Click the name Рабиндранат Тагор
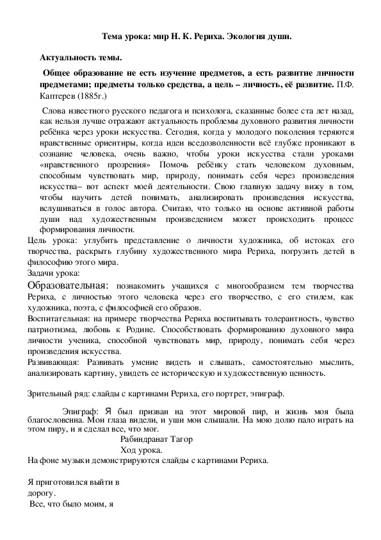point(156,439)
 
